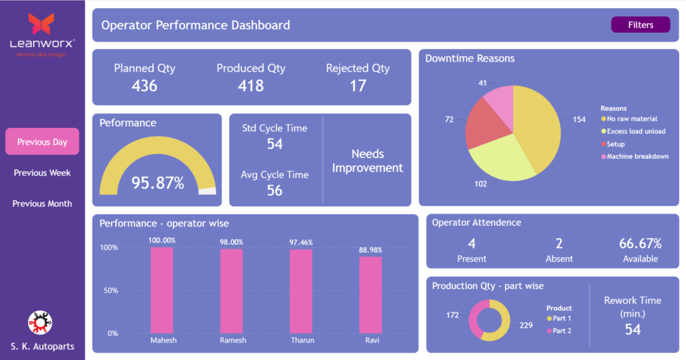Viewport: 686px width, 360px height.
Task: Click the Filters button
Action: pos(640,25)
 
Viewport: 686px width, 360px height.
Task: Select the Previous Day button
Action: pos(42,142)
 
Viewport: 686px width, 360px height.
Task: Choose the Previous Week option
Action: pos(42,173)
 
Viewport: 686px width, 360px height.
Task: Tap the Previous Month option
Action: pos(42,204)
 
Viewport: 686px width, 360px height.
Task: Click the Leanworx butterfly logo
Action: pos(42,24)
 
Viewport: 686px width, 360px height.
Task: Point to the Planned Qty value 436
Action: pos(144,86)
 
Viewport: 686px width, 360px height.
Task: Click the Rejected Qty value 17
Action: pos(358,86)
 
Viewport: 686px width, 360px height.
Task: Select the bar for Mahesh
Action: pos(161,290)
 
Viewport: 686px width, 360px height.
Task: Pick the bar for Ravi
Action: pos(370,294)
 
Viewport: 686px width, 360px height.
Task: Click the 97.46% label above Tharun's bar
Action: pos(301,242)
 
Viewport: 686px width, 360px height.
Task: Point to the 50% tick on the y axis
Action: pos(109,290)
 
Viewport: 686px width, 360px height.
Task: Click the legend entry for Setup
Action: pos(615,144)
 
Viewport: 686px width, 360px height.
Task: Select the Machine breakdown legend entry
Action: pos(637,157)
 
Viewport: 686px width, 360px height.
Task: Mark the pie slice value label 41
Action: pos(482,83)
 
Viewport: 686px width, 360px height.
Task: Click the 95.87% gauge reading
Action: pos(157,182)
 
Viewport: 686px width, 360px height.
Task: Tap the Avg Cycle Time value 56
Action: pos(274,190)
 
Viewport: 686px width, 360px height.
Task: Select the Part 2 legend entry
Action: pos(561,331)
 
